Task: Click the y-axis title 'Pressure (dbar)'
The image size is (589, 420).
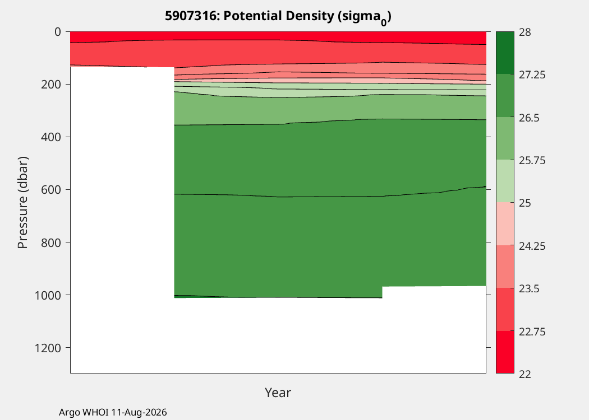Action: coord(22,203)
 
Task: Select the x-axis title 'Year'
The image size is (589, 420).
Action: coord(278,393)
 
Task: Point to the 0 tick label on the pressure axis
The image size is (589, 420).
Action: coord(57,32)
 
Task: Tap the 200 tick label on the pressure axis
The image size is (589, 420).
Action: coord(50,85)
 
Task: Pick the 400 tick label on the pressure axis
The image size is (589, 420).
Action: coord(50,137)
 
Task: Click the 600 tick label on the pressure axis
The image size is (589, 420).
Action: coord(50,190)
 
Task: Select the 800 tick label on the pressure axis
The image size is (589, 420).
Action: coord(50,242)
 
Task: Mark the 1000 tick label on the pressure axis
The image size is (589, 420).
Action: coord(48,296)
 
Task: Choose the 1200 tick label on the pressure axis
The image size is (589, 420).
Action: coord(48,348)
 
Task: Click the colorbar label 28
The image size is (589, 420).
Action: coord(525,32)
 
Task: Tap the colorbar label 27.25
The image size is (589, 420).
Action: coord(532,75)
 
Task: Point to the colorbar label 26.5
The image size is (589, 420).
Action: coord(530,118)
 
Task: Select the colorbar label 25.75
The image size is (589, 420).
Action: coord(532,161)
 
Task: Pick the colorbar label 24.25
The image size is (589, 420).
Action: coord(532,246)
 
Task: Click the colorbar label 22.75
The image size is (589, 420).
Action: coord(532,332)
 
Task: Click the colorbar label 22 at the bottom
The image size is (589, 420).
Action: coord(525,374)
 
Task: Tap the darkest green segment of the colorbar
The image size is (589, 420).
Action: coord(505,53)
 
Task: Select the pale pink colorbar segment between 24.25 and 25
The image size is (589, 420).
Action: coord(505,224)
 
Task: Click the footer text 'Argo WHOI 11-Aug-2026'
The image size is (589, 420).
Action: coord(113,413)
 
